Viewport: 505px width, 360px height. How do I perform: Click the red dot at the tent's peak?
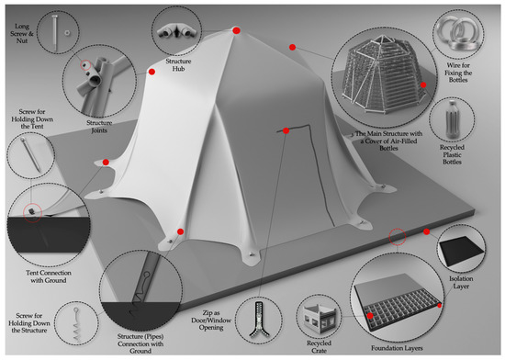pyautogui.click(x=236, y=31)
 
